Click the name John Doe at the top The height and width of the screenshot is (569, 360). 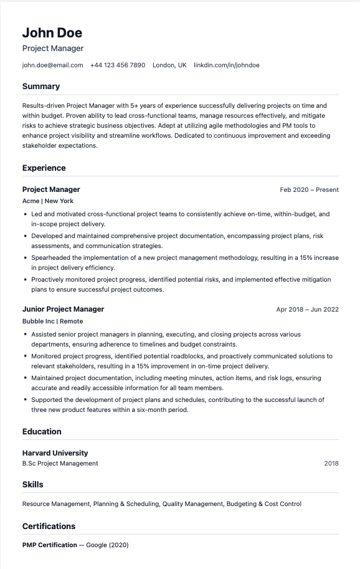click(x=52, y=32)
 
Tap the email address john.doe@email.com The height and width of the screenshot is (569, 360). click(x=52, y=65)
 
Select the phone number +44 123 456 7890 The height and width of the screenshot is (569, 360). click(x=118, y=65)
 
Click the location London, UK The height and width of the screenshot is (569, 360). click(x=169, y=65)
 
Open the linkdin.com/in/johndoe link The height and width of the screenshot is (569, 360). click(x=227, y=65)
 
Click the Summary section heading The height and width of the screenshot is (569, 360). click(x=41, y=87)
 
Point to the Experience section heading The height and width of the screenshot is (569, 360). click(x=44, y=168)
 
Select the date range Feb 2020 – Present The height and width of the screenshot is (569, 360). click(x=309, y=189)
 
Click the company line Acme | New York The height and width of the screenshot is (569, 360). click(x=48, y=201)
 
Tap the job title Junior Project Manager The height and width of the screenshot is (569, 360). click(x=63, y=309)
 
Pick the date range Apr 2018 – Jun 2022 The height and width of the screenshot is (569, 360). click(x=307, y=309)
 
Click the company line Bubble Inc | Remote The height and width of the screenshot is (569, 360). click(x=52, y=322)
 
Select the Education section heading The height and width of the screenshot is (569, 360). click(x=42, y=431)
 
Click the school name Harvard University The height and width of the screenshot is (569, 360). click(x=55, y=453)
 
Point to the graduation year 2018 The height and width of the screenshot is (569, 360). click(x=331, y=464)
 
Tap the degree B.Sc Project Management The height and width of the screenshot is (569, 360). click(x=60, y=464)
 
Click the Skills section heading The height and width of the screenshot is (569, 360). click(x=33, y=484)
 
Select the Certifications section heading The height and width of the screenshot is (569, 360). click(x=49, y=526)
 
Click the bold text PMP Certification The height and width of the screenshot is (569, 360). click(x=49, y=545)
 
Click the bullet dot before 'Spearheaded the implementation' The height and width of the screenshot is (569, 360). click(x=25, y=257)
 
